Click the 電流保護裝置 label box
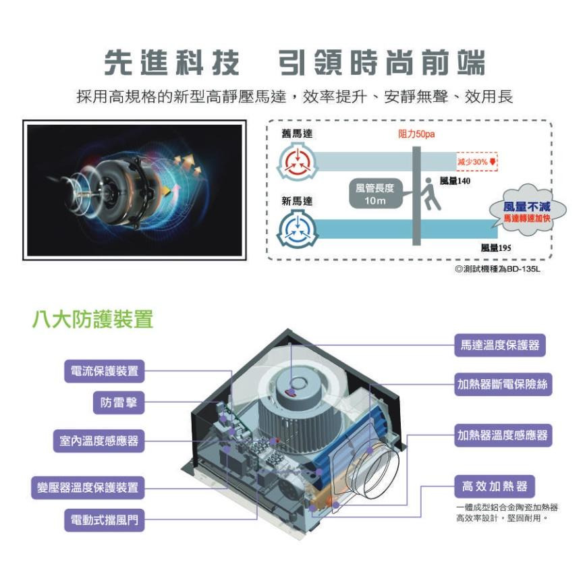click(x=105, y=370)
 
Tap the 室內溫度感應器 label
click(x=99, y=441)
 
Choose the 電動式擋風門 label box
click(x=105, y=520)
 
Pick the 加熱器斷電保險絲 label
click(x=503, y=385)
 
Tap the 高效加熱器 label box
click(x=495, y=487)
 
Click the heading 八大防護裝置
click(x=93, y=318)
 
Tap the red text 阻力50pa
click(x=416, y=135)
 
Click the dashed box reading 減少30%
click(x=476, y=162)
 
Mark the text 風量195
click(x=496, y=248)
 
